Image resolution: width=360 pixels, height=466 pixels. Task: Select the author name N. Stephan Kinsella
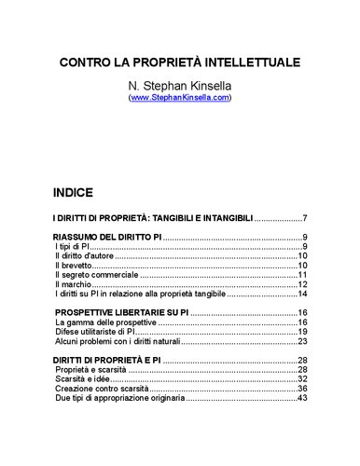(x=180, y=84)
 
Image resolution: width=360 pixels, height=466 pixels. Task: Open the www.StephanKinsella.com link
(x=180, y=96)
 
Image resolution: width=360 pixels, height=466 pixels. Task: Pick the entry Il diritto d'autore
(x=85, y=255)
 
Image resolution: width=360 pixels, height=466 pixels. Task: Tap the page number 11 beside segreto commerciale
(x=303, y=275)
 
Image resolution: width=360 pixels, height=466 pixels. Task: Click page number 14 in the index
(x=303, y=294)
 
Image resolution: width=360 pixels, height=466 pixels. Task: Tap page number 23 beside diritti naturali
(x=303, y=341)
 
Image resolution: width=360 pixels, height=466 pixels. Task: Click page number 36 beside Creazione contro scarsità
(x=303, y=389)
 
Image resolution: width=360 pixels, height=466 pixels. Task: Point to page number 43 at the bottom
(x=303, y=398)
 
